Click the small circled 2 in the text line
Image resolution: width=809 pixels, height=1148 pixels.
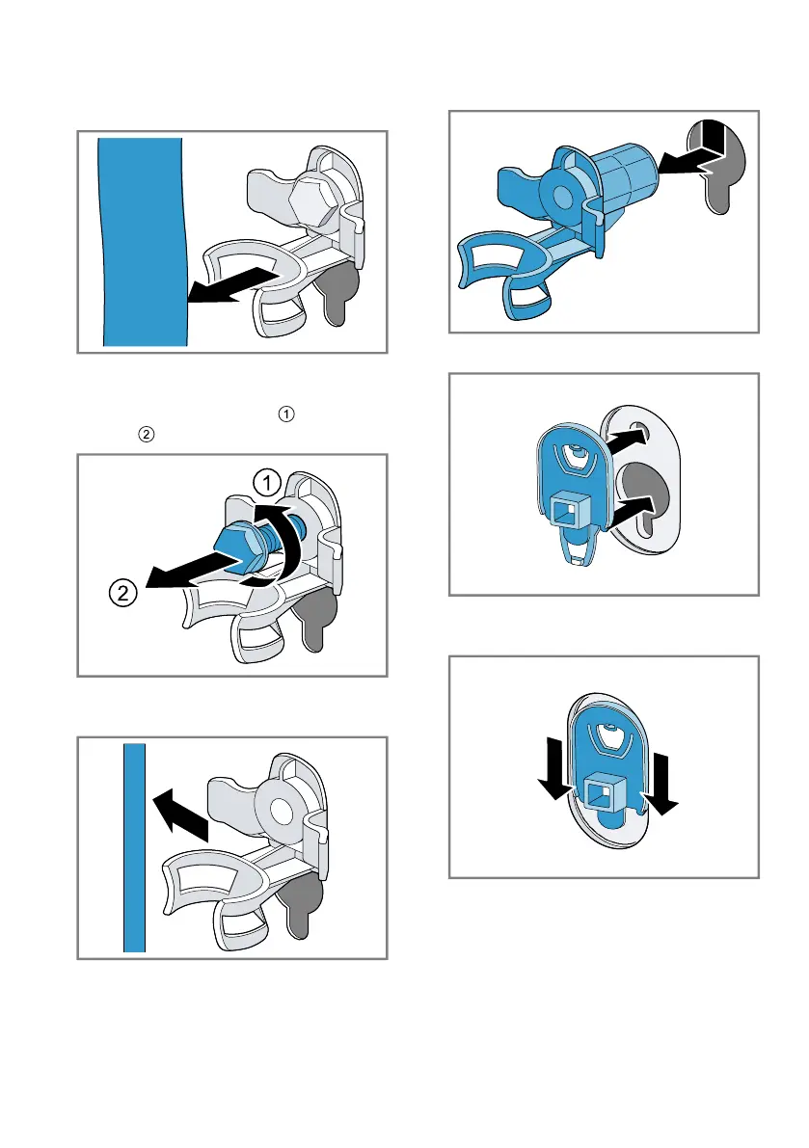146,435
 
